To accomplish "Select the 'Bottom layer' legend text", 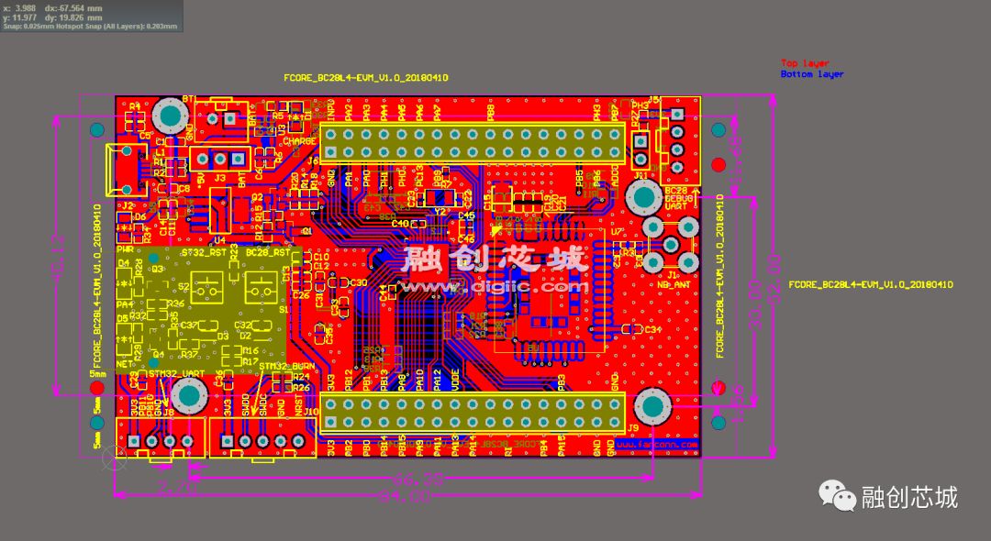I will [811, 74].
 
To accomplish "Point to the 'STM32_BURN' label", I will [286, 367].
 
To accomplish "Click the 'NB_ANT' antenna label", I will [675, 284].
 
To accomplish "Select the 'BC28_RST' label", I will [268, 252].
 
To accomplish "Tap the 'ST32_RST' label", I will [204, 252].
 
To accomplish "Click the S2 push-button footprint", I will [208, 289].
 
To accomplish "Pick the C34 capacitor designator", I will [652, 329].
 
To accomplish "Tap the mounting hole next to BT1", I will [171, 116].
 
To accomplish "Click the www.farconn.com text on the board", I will [656, 445].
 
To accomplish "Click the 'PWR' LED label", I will [126, 249].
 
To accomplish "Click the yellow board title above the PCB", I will [366, 78].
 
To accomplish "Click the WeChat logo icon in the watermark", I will [838, 496].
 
